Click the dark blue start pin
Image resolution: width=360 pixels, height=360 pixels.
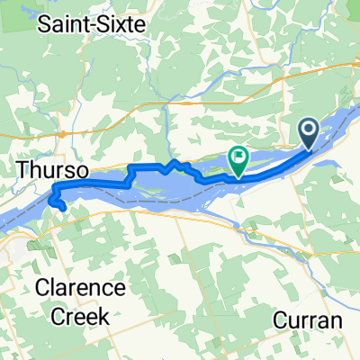[x=309, y=134]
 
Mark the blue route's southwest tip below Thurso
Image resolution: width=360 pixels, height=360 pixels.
[x=63, y=208]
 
